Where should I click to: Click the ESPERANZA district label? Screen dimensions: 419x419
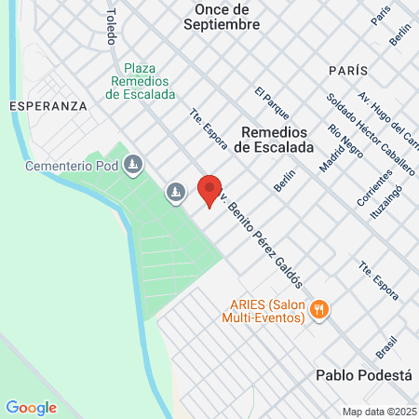(47, 106)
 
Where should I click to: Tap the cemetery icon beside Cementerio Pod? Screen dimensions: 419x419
(133, 166)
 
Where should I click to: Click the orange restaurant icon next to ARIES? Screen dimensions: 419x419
(318, 309)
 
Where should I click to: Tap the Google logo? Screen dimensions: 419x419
(31, 407)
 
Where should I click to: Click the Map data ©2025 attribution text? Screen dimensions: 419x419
(377, 412)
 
